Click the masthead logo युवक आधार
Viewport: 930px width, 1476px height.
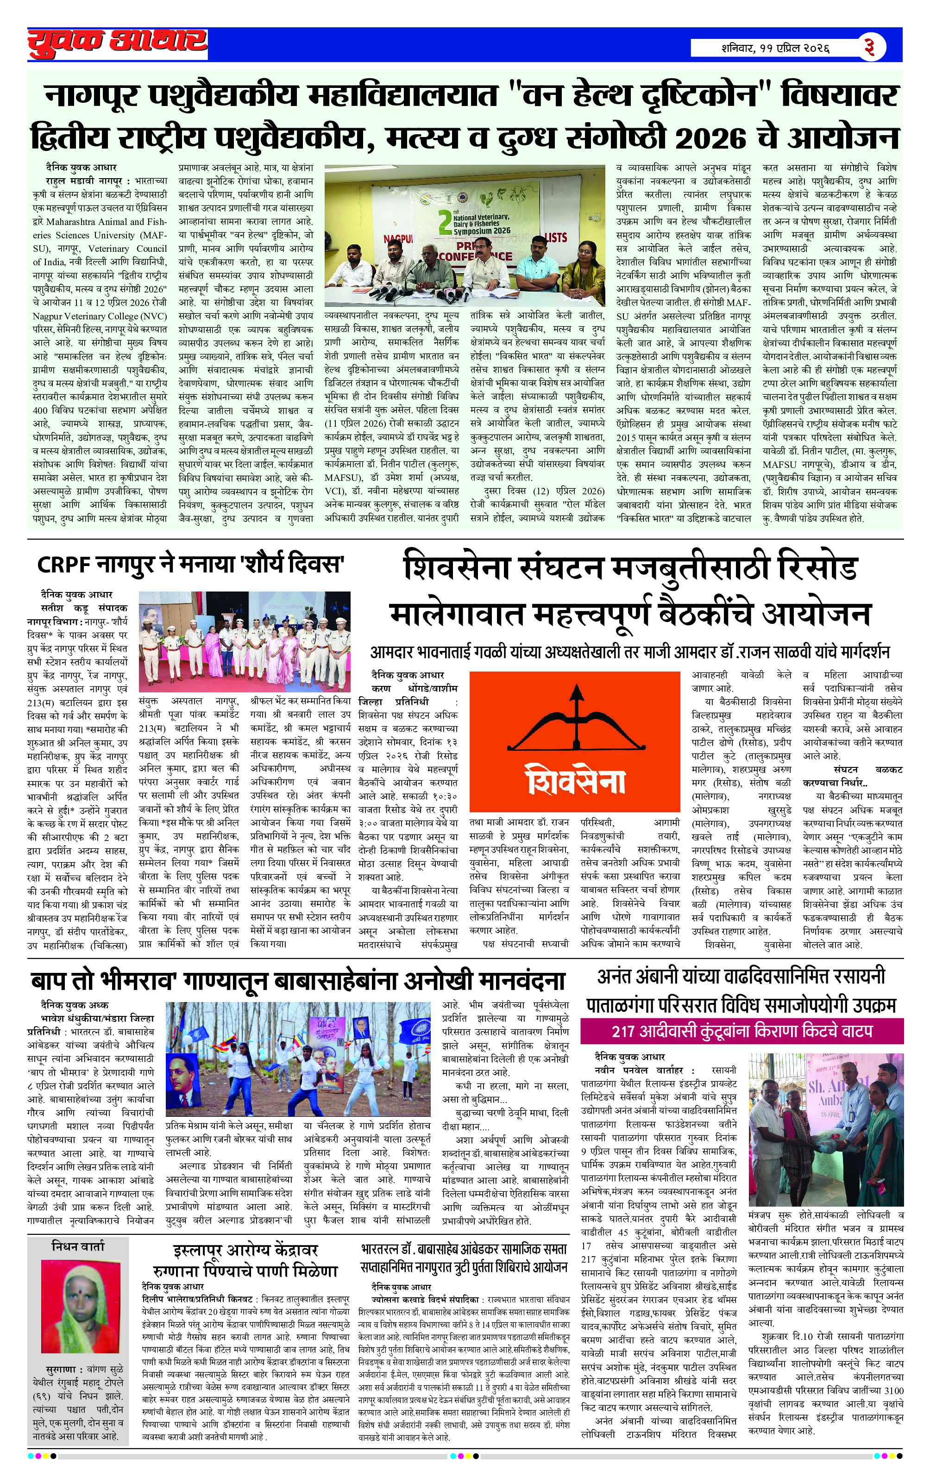tap(117, 44)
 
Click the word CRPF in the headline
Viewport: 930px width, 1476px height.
tap(63, 563)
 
